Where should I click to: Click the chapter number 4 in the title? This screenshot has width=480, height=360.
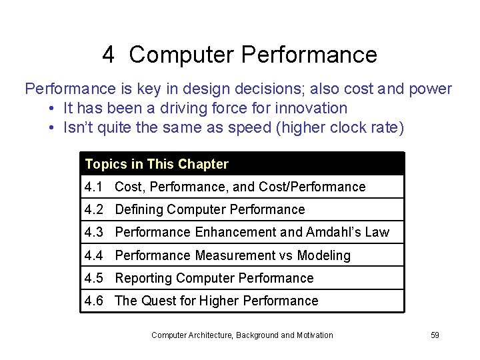pyautogui.click(x=109, y=55)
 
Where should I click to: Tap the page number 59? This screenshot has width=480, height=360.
pyautogui.click(x=435, y=335)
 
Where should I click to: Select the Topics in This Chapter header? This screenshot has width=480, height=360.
pyautogui.click(x=157, y=164)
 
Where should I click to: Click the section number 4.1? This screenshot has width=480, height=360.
pyautogui.click(x=94, y=187)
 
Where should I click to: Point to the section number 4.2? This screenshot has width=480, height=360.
pyautogui.click(x=94, y=209)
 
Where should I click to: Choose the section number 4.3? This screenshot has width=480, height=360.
pyautogui.click(x=94, y=232)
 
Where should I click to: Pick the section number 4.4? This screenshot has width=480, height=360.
pyautogui.click(x=94, y=255)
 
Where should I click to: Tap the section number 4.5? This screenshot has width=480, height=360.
pyautogui.click(x=94, y=278)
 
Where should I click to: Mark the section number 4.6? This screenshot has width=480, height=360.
pyautogui.click(x=94, y=301)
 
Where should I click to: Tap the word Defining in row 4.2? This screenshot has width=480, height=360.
pyautogui.click(x=139, y=209)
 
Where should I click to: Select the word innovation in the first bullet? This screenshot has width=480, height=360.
pyautogui.click(x=314, y=108)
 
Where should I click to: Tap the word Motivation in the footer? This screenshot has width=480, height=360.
pyautogui.click(x=311, y=335)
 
